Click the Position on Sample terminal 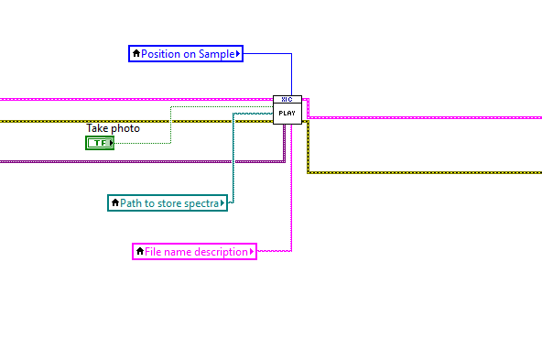click(x=186, y=54)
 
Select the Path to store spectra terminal click(x=167, y=202)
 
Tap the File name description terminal click(x=194, y=251)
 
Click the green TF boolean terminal click(x=100, y=143)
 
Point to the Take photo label click(x=113, y=128)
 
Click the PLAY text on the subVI click(x=287, y=114)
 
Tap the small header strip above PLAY click(x=287, y=99)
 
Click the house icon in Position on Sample click(x=136, y=54)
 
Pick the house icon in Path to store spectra click(x=114, y=202)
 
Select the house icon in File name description click(x=139, y=251)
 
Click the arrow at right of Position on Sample click(x=238, y=54)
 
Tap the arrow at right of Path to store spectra click(x=223, y=202)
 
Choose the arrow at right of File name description click(x=253, y=251)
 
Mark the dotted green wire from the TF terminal click(x=170, y=124)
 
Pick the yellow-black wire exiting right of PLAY click(x=421, y=171)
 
